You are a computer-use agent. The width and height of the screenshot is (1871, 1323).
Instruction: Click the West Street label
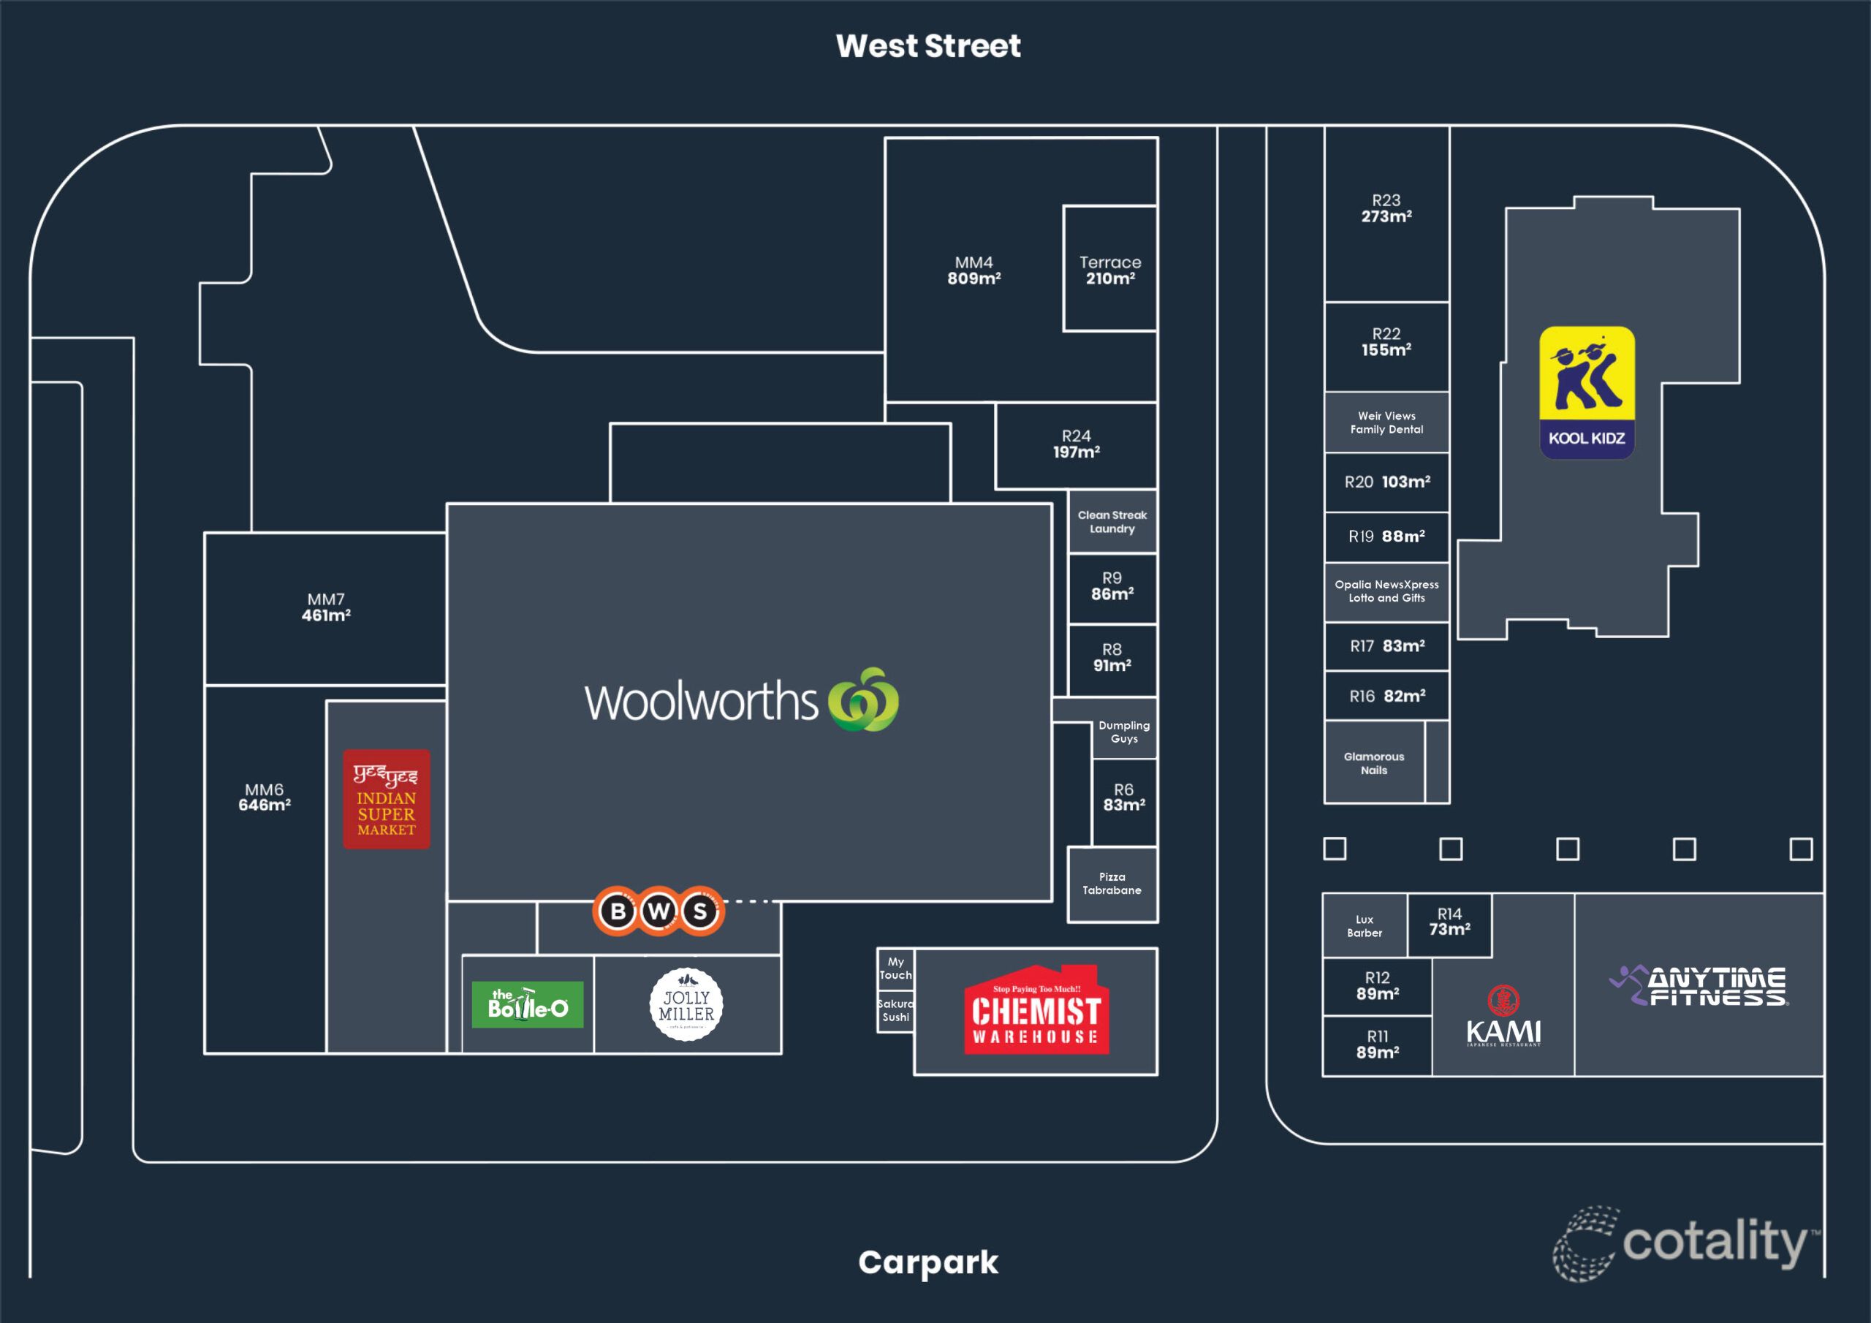(x=927, y=45)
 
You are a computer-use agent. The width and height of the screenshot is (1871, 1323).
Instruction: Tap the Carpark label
(x=927, y=1262)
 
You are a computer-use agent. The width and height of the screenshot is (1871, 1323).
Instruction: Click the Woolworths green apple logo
(x=863, y=700)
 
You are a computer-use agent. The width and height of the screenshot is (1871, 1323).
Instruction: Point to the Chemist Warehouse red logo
(x=1036, y=1011)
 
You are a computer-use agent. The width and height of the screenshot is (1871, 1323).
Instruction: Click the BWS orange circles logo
(x=659, y=911)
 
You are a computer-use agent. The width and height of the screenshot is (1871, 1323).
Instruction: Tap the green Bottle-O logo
(x=527, y=1004)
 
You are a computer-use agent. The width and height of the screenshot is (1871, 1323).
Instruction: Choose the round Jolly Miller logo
(x=686, y=1005)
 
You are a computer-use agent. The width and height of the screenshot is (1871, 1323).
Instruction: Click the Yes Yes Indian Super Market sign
(x=387, y=799)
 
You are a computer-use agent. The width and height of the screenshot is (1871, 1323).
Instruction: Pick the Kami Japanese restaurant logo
(x=1503, y=1017)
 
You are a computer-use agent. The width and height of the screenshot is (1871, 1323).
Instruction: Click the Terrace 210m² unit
(x=1110, y=269)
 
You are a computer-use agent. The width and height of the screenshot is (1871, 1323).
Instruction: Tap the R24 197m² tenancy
(x=1076, y=445)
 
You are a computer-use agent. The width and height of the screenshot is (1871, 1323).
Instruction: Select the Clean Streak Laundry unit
(x=1112, y=522)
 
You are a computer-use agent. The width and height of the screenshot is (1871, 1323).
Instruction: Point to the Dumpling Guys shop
(x=1124, y=731)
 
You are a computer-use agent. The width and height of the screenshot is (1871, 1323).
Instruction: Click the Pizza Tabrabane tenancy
(x=1112, y=884)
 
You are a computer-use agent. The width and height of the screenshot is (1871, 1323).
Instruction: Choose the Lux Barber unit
(x=1364, y=926)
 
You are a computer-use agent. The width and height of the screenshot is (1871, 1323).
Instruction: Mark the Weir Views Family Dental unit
(x=1386, y=422)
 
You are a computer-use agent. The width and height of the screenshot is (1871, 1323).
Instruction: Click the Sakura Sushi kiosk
(x=895, y=1011)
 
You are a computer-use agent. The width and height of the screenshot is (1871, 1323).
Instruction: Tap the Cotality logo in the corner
(x=1687, y=1241)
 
